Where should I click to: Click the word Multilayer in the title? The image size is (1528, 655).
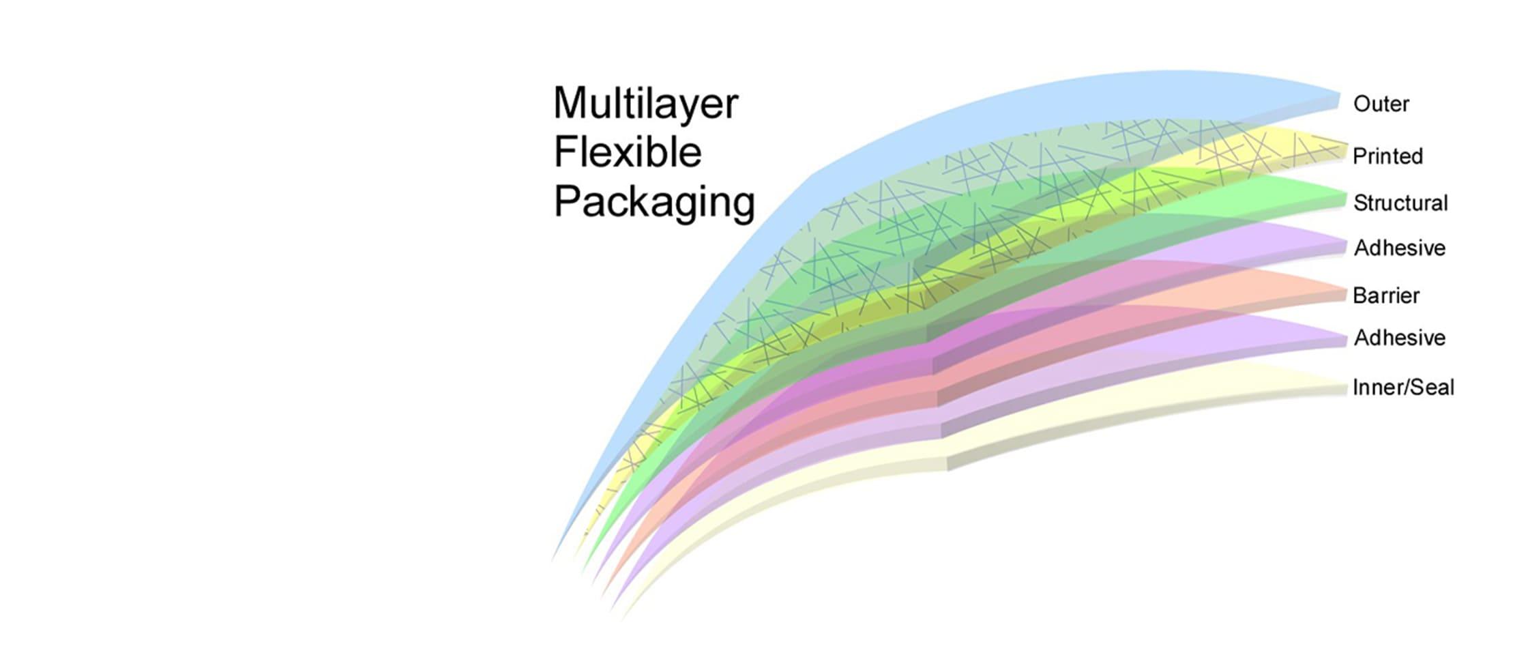click(x=645, y=104)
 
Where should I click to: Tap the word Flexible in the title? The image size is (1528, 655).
click(x=628, y=151)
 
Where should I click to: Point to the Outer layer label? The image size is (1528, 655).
click(x=1381, y=104)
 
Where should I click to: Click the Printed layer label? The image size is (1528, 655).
click(x=1387, y=156)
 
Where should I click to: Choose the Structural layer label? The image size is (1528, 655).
click(x=1400, y=203)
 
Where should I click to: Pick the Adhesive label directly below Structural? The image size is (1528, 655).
click(x=1400, y=248)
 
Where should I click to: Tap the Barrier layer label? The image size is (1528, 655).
click(x=1386, y=295)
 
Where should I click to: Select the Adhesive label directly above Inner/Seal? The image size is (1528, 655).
click(x=1400, y=338)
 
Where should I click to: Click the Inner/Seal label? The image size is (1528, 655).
click(x=1403, y=388)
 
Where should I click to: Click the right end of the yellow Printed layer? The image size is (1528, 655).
click(x=1345, y=151)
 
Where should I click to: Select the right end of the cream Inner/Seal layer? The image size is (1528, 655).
click(x=1345, y=388)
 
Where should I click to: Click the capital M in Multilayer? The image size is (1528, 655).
click(x=570, y=104)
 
